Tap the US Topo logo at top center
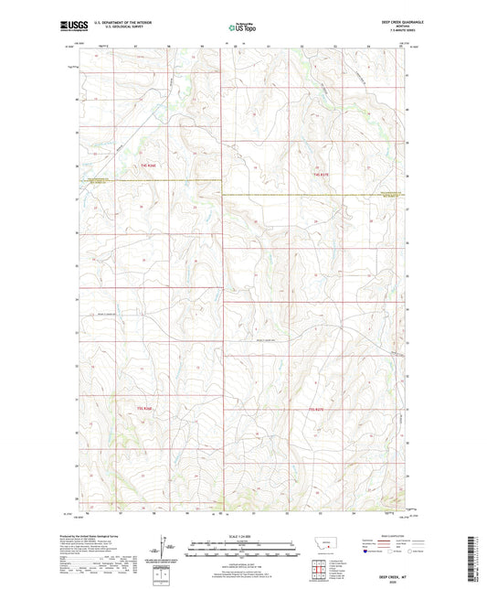[242, 28]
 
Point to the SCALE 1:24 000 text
[242, 538]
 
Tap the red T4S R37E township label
[319, 174]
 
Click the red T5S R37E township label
[316, 408]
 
